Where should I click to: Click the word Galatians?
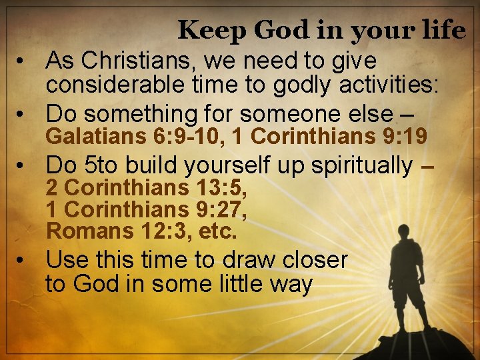click(95, 137)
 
